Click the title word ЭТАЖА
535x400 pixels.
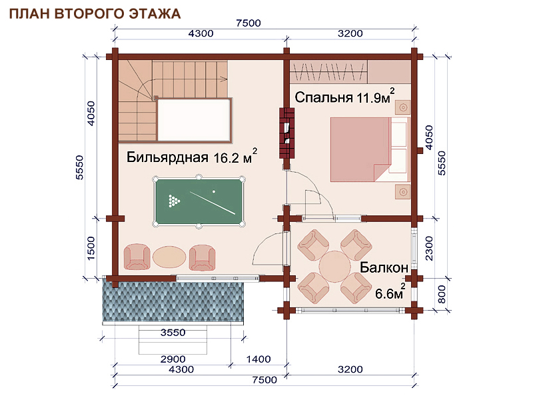154,13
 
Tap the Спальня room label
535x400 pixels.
323,97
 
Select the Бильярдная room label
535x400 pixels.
167,157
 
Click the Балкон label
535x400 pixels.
384,267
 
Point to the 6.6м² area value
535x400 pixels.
390,292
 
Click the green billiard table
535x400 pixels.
199,201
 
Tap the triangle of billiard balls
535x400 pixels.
174,201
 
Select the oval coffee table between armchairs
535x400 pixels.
169,257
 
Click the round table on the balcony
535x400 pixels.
334,266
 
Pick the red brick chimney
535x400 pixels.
287,133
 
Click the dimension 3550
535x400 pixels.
173,333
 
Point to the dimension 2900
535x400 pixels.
173,359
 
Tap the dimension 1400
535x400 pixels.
259,359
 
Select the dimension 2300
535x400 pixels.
429,248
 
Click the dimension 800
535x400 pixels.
442,295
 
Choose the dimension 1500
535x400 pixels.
91,248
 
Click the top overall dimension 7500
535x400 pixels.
249,23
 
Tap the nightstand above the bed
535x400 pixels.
403,107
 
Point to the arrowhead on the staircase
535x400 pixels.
225,79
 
